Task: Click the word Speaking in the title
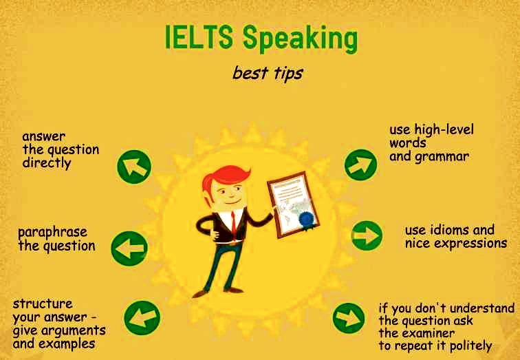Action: tap(301, 40)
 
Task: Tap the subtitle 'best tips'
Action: tap(267, 72)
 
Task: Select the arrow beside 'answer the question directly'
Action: tap(134, 166)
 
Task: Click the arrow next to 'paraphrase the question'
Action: tap(129, 247)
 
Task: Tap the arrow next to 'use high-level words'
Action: tap(360, 164)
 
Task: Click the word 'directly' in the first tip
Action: tap(46, 164)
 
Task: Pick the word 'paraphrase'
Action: tap(52, 232)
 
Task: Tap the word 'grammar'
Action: tap(442, 156)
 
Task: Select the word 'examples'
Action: tap(69, 343)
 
